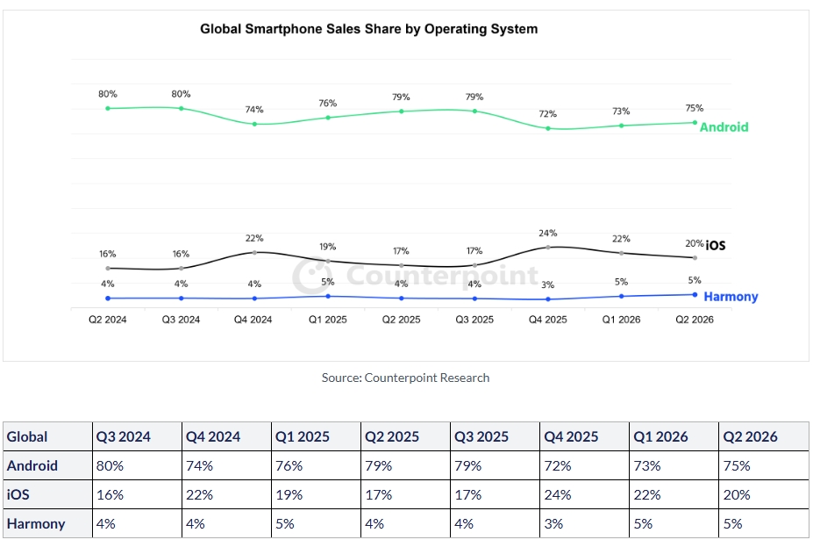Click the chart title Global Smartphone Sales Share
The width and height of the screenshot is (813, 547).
coord(368,29)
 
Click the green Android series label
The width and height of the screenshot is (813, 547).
coord(724,127)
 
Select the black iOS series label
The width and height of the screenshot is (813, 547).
coord(716,246)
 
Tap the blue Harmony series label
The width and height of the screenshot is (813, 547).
coord(731,297)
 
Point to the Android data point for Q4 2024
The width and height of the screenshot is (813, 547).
coord(254,124)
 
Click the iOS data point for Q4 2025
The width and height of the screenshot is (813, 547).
coord(548,248)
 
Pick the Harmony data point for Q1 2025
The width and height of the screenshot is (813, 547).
coord(328,297)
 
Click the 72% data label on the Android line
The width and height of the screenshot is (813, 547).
coord(547,113)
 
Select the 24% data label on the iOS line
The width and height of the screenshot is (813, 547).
coord(547,233)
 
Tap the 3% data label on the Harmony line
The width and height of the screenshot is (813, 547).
coord(547,284)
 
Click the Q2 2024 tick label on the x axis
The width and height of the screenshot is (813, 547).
coord(107,320)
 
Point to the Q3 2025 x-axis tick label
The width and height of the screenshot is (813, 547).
coord(474,320)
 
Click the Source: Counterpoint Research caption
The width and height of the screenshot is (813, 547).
coord(405,378)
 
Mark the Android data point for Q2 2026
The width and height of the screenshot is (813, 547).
coord(695,122)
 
